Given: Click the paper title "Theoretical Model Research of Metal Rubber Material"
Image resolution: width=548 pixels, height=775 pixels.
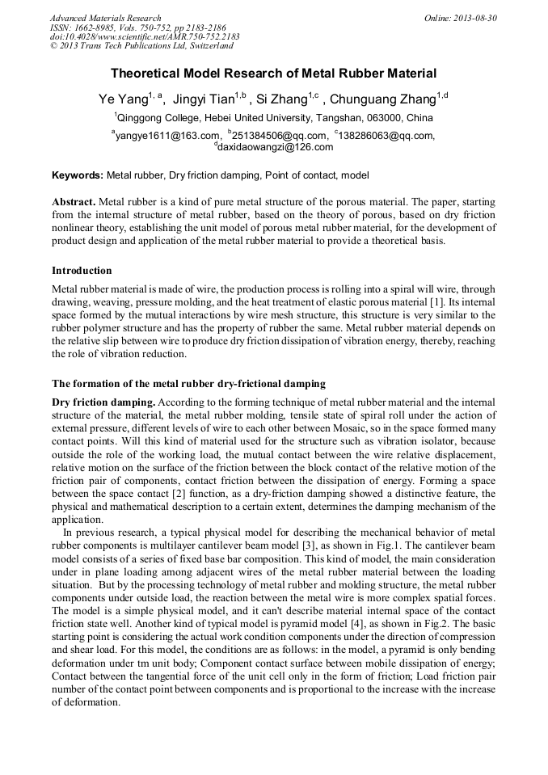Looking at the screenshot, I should [x=273, y=74].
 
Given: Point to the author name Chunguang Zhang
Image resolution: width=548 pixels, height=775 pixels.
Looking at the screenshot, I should [x=385, y=99].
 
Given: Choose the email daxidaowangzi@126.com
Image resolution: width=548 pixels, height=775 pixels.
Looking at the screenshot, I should [x=275, y=147].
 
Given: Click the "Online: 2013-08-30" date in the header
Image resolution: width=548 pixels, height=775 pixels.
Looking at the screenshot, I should [x=461, y=18].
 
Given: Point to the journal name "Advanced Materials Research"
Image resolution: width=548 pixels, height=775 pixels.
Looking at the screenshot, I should [x=105, y=18].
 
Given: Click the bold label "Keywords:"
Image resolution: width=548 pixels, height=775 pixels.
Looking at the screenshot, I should [x=78, y=175].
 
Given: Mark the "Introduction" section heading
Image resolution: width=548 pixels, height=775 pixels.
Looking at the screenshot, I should [x=82, y=271].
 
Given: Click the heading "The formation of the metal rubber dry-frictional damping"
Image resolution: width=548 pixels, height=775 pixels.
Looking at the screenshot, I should [x=188, y=383].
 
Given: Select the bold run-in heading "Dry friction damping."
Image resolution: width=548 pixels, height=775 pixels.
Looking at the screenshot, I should [x=103, y=402].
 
